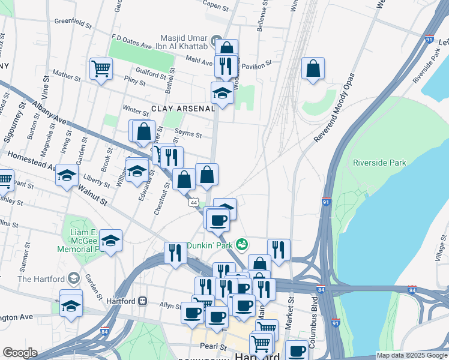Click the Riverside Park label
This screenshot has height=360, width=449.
379,163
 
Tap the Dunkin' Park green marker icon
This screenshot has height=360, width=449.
242,244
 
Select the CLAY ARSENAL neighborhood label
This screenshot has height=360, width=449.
182,109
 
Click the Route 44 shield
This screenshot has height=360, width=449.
193,203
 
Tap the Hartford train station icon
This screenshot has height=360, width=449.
142,301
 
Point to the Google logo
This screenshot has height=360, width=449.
20,353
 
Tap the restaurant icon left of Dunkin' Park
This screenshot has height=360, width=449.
175,252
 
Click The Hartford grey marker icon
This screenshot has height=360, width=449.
73,278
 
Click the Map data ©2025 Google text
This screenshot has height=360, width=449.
412,355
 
